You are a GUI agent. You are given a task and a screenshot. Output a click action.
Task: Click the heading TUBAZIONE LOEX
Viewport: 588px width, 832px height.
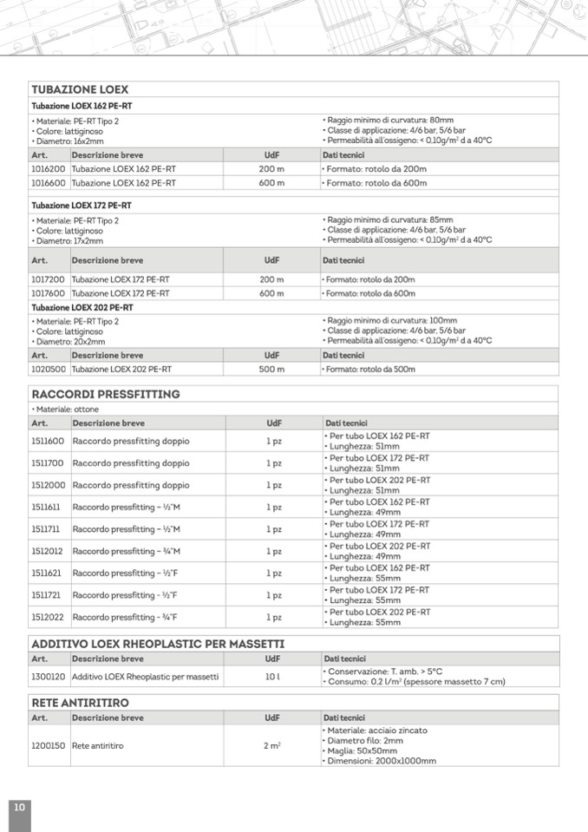pos(80,89)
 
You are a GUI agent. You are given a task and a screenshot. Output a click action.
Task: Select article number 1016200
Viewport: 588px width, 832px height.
pos(49,169)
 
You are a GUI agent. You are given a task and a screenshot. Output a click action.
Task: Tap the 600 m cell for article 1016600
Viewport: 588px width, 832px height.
pos(271,183)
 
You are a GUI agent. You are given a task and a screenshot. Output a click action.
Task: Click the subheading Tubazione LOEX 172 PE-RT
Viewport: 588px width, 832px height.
pos(82,206)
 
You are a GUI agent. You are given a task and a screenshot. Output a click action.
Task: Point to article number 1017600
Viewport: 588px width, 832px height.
pos(49,293)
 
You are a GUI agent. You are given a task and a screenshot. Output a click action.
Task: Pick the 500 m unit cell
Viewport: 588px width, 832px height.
pos(271,369)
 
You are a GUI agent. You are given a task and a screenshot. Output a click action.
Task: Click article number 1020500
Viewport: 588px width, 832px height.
pos(49,369)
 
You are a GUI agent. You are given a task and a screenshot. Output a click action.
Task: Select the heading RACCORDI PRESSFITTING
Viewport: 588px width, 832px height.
pos(105,394)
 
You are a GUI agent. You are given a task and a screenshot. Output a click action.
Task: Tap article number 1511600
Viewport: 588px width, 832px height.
pos(49,441)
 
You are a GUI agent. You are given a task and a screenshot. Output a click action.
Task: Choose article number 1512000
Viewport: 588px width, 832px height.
pos(49,485)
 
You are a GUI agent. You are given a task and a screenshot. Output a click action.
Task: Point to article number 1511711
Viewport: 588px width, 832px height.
pos(47,529)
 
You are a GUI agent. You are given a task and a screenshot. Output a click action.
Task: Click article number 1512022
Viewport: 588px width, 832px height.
pos(49,618)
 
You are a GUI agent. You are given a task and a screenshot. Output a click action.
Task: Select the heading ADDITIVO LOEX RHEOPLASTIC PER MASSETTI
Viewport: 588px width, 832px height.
pos(158,644)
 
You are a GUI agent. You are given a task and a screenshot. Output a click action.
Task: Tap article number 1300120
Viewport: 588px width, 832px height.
pos(49,676)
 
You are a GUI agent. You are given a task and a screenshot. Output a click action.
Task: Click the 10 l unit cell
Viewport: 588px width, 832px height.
pos(272,676)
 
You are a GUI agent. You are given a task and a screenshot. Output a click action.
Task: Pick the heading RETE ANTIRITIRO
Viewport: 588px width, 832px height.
pos(80,702)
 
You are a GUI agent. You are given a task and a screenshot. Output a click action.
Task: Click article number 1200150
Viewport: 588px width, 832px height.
pos(49,745)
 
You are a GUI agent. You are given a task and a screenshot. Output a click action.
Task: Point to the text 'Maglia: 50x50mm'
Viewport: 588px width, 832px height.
pos(364,750)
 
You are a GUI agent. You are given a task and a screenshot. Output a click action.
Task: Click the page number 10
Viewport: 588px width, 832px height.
pos(19,808)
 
